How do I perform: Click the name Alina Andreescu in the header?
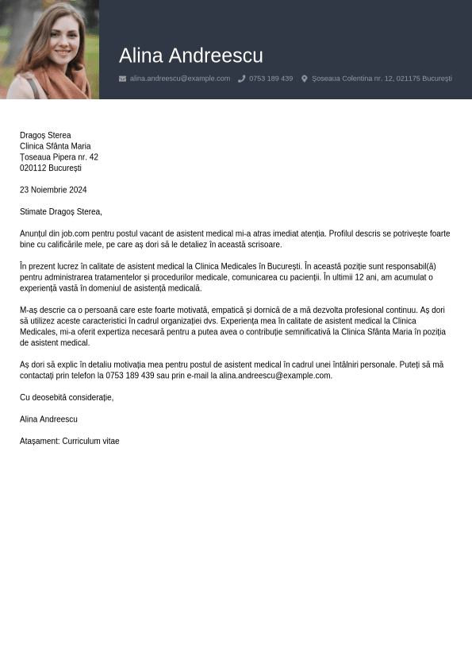[x=190, y=56]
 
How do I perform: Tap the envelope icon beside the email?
[x=122, y=79]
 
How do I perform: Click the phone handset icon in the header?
[x=241, y=79]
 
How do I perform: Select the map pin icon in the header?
[x=305, y=79]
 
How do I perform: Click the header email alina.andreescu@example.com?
[x=180, y=79]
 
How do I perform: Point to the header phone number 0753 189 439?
[x=271, y=79]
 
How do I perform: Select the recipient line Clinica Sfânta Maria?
[x=56, y=146]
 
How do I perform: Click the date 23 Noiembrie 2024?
[x=53, y=190]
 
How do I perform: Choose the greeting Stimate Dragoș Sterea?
[x=61, y=211]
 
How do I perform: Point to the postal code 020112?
[x=33, y=168]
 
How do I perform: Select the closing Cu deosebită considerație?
[x=67, y=397]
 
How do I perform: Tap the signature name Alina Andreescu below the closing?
[x=48, y=419]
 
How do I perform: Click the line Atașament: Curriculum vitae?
[x=70, y=441]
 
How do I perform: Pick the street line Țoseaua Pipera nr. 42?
[x=59, y=157]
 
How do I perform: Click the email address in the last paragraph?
[x=274, y=376]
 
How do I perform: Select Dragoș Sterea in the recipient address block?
[x=45, y=135]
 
